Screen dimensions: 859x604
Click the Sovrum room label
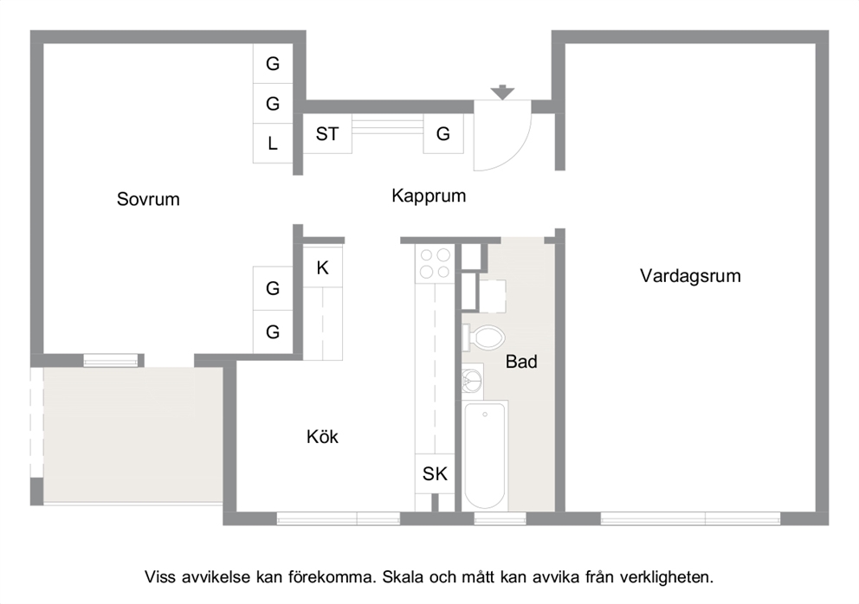click(148, 199)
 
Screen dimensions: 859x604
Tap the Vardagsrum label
click(690, 275)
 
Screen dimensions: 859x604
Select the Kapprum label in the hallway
click(429, 196)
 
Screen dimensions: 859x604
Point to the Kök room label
click(322, 436)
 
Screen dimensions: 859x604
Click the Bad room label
click(521, 362)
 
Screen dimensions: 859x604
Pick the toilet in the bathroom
click(484, 337)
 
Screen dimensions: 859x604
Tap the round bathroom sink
click(472, 379)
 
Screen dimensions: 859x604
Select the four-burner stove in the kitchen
click(435, 263)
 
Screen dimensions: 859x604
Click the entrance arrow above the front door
click(502, 93)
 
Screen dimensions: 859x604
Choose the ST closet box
click(327, 133)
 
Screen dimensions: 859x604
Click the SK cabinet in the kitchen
click(435, 473)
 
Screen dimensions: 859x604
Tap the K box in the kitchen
click(323, 267)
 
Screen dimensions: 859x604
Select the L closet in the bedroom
click(273, 144)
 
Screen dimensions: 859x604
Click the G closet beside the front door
click(443, 133)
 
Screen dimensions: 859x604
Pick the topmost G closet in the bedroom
click(273, 63)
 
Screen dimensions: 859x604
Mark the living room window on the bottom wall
click(690, 518)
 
